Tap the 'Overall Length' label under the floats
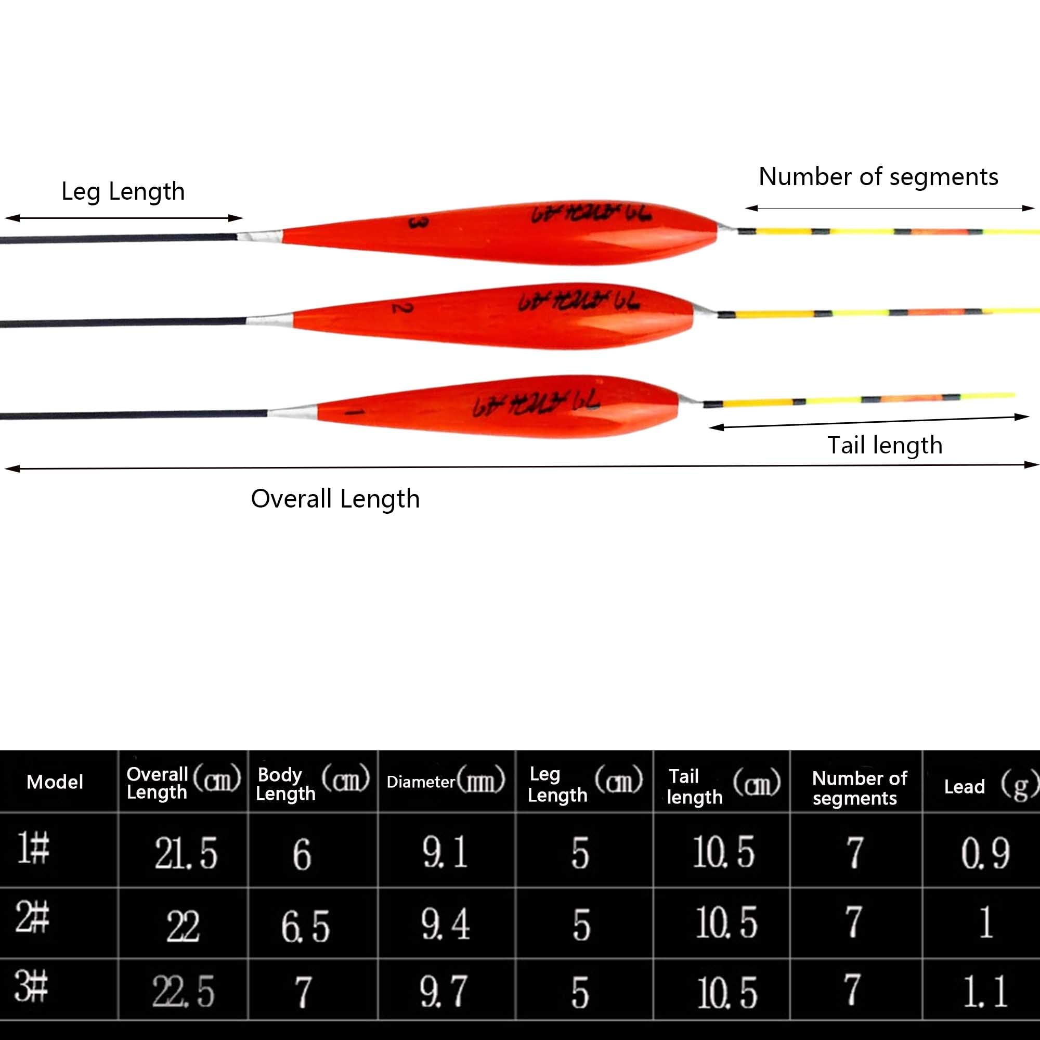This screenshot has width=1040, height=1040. point(335,499)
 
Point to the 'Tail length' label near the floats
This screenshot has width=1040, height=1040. point(885,445)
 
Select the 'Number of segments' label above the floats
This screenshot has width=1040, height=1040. point(878,177)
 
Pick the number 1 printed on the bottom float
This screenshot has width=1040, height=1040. point(354,412)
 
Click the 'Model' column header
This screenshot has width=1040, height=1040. point(55,782)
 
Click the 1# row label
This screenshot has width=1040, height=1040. point(33,848)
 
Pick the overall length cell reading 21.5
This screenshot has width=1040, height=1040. point(186,853)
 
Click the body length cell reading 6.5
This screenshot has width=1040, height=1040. point(305,926)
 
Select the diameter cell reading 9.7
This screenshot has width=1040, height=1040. point(444,991)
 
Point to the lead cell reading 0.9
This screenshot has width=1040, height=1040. point(985,853)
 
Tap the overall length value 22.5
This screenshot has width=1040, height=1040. point(183,991)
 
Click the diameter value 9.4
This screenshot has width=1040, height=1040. point(445,924)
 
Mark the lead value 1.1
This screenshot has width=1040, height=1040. point(985,991)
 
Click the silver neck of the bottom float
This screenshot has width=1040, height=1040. point(293,412)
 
